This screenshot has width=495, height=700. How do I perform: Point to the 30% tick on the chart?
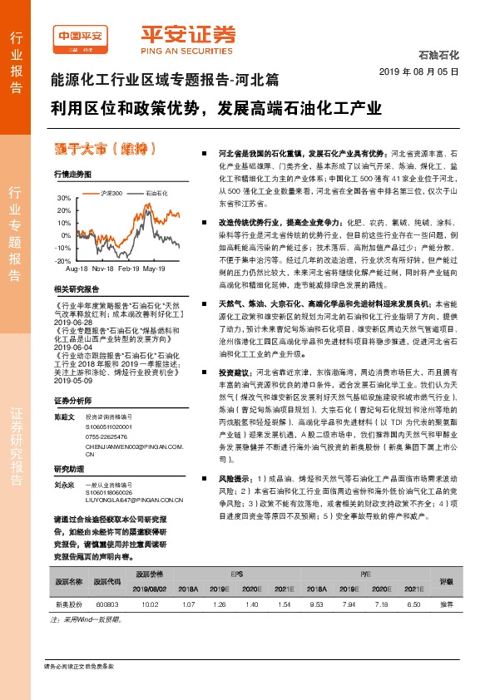pos(64,200)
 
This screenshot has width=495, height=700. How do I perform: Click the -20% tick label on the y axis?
pos(64,260)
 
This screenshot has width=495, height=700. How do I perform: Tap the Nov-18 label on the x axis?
pos(103,269)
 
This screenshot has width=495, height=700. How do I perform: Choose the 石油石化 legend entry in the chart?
pos(156,193)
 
